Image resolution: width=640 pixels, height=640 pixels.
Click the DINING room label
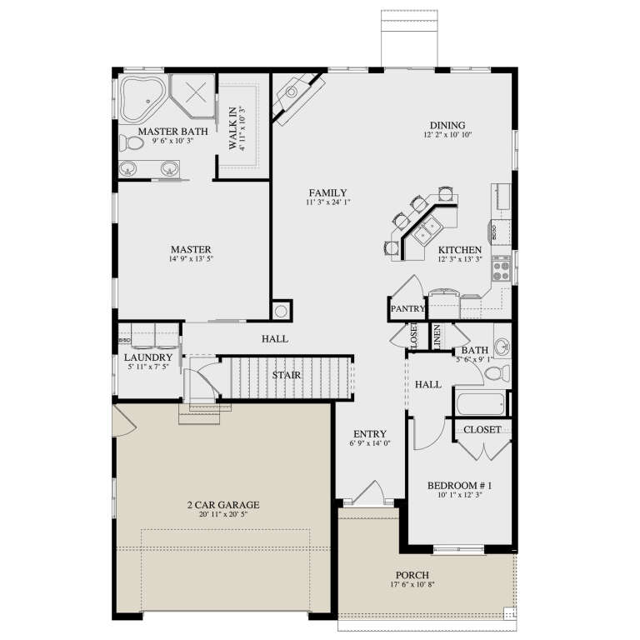447,126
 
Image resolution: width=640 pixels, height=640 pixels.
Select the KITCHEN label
460,250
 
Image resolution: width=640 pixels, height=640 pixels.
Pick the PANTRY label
407,309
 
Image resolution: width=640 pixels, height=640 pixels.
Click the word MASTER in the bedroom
191,249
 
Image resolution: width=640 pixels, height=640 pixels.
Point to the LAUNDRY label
147,357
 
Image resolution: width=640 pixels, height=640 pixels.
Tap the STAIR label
287,375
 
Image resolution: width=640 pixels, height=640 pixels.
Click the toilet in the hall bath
495,372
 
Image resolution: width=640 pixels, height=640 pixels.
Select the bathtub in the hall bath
481,404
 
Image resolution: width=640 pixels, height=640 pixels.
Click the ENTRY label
369,433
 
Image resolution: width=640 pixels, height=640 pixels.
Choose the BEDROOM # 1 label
460,486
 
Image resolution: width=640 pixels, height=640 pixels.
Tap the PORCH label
412,576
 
